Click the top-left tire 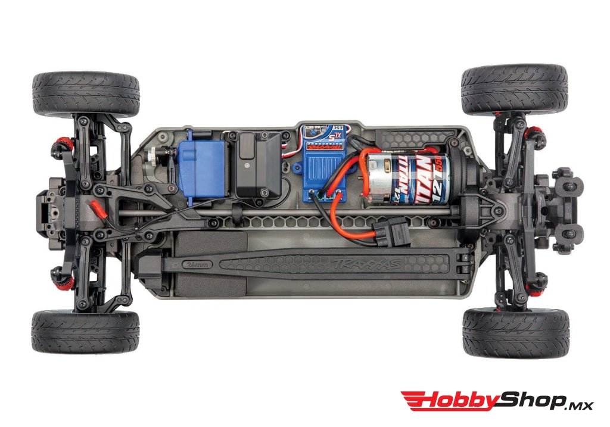(86, 94)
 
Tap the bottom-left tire (85, 332)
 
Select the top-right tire (514, 90)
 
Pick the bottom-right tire (515, 332)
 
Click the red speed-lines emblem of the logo (416, 401)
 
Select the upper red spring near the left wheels (63, 143)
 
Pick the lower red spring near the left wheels (63, 280)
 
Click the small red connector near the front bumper (96, 208)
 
